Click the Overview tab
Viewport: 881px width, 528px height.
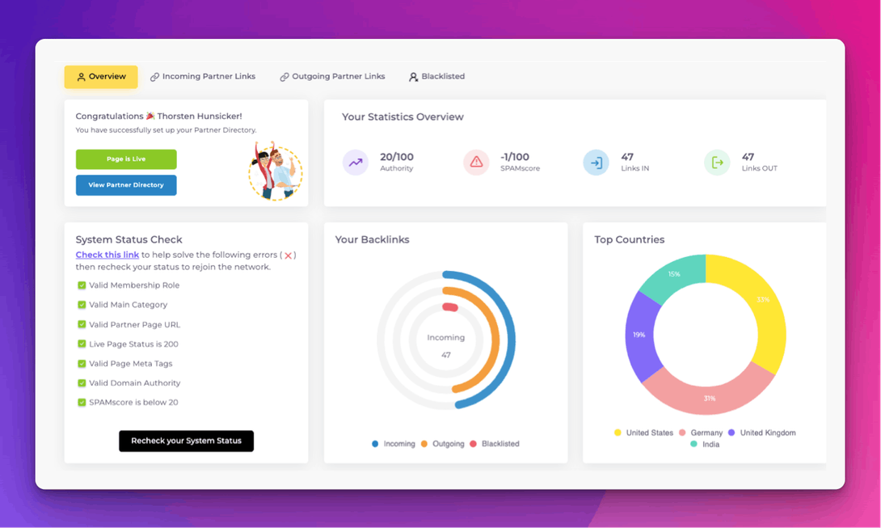coord(101,77)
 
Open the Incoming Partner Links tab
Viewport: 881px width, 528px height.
coord(203,77)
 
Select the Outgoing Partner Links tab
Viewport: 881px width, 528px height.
coord(332,77)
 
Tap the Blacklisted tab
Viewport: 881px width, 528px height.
coord(436,77)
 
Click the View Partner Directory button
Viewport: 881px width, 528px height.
coord(126,185)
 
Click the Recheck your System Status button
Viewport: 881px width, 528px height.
coord(186,441)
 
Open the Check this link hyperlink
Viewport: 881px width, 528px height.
coord(107,256)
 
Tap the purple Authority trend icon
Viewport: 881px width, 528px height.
coord(356,163)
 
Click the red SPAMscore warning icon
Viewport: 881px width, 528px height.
coord(476,163)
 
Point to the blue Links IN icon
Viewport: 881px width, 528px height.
coord(596,163)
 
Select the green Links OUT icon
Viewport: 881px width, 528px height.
coord(717,163)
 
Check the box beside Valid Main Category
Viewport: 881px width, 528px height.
coord(82,305)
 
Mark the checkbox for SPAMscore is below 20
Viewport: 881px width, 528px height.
coord(82,403)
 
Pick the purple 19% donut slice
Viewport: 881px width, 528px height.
coord(639,335)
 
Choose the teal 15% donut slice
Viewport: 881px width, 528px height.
coord(672,275)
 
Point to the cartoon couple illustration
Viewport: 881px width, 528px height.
coord(275,171)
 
